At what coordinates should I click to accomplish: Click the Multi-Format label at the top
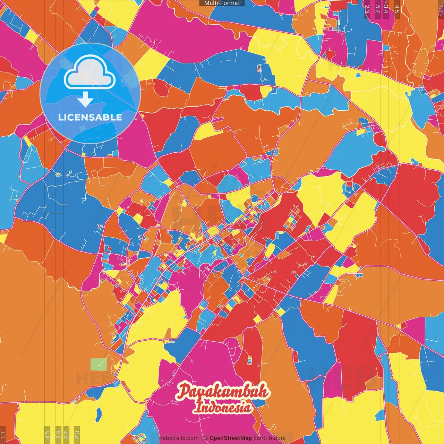click(222, 3)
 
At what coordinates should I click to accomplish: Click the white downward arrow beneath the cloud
click(85, 101)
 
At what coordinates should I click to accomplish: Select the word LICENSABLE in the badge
click(90, 117)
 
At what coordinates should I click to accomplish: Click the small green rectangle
click(99, 365)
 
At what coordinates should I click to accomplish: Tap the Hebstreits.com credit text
click(179, 438)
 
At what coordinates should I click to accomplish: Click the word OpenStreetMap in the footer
click(231, 438)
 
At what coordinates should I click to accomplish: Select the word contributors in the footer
click(270, 438)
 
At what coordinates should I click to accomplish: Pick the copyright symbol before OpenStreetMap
click(206, 438)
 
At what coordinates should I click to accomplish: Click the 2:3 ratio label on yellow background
click(77, 434)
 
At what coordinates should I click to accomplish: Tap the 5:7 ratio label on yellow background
click(67, 434)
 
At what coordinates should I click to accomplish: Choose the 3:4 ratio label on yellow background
click(58, 434)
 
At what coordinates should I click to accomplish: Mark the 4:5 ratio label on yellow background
click(47, 434)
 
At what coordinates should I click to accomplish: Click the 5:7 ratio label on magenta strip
click(377, 9)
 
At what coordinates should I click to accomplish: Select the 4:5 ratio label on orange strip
click(397, 9)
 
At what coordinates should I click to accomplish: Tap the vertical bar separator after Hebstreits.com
click(201, 438)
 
